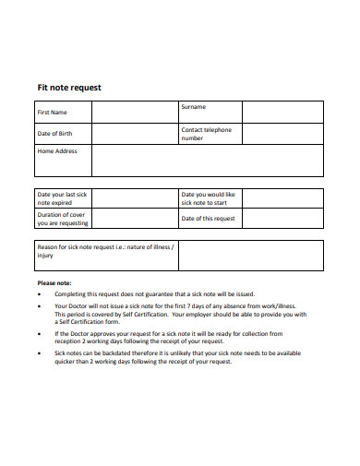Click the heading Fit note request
[x=68, y=88]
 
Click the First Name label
[x=52, y=112]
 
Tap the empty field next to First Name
[x=135, y=112]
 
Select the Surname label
[x=194, y=108]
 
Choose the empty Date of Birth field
[x=135, y=134]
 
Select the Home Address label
[x=57, y=150]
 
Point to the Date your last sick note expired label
[x=61, y=199]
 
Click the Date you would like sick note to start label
[x=209, y=199]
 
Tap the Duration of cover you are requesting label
[x=62, y=219]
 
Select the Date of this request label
[x=209, y=219]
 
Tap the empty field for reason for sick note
[x=249, y=255]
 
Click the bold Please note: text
[x=54, y=282]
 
